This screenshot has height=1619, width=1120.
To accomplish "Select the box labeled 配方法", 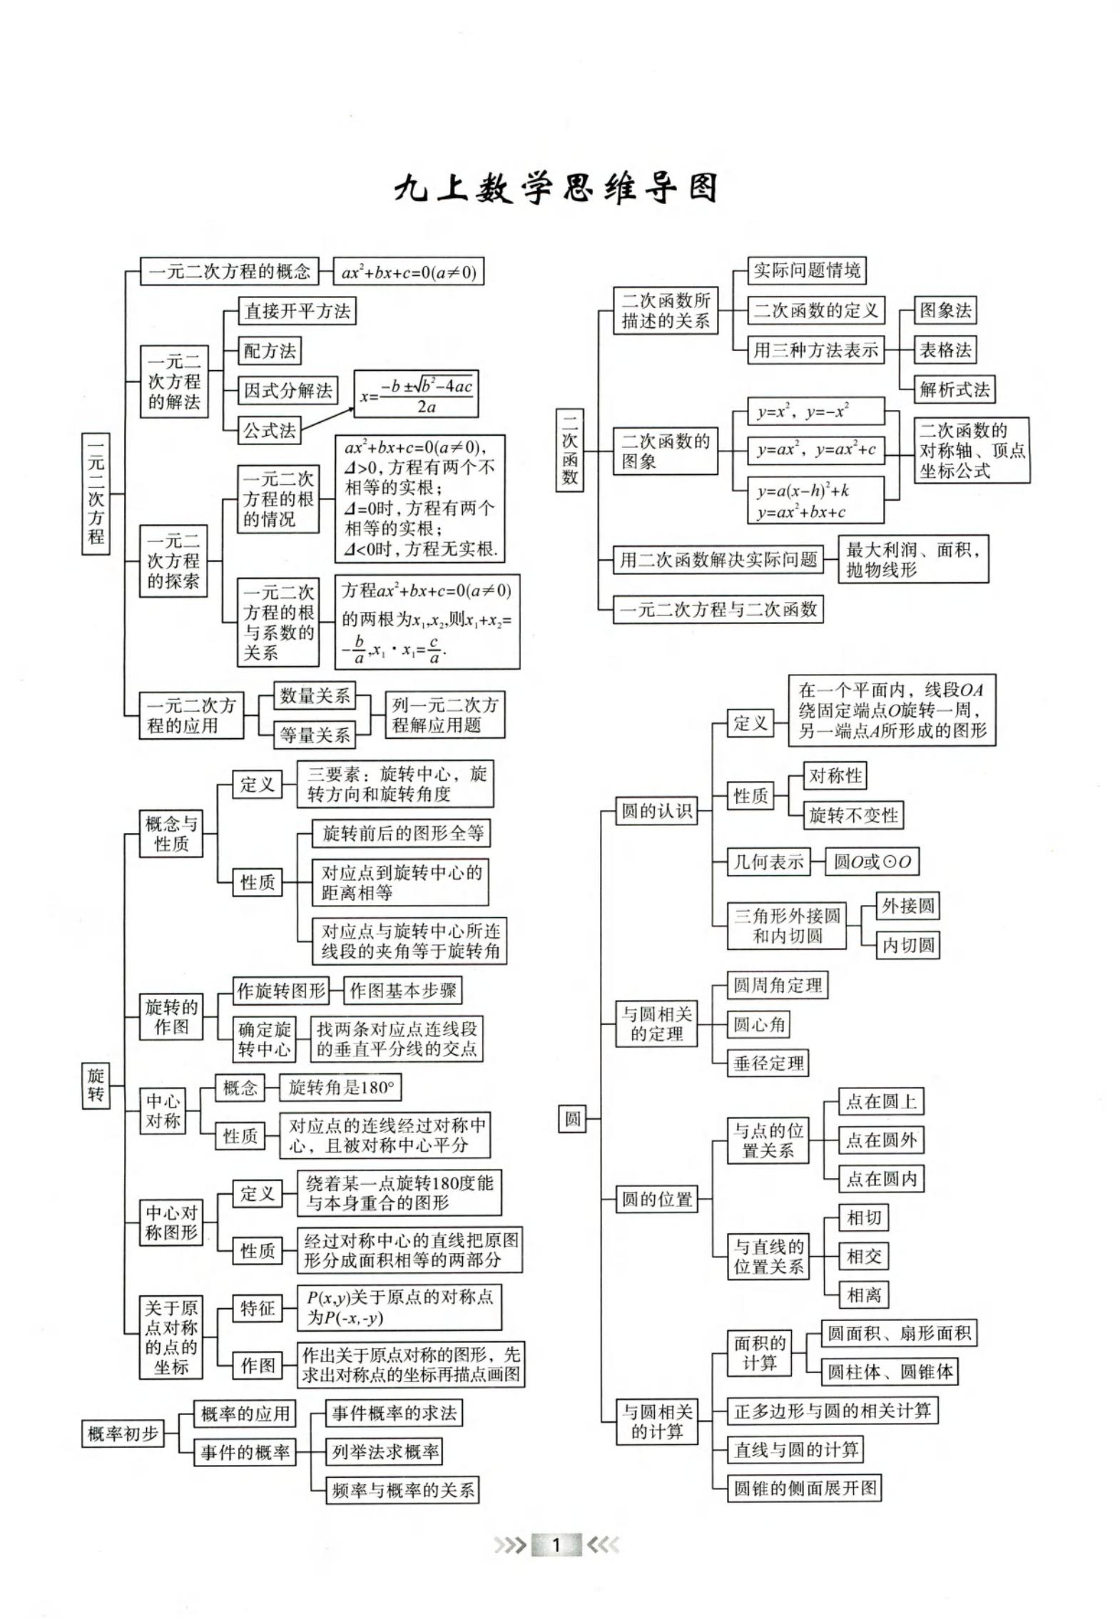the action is point(270,350).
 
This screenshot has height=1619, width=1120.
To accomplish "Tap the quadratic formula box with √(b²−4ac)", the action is point(417,394).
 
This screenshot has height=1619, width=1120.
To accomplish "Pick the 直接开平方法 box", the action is point(297,311).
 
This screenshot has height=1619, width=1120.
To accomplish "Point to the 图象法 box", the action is point(945,310).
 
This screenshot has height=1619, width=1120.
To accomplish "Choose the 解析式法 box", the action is point(954,389).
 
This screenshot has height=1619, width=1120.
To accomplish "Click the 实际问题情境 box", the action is point(807,270).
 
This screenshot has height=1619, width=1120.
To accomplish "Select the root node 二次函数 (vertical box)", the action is point(569,449).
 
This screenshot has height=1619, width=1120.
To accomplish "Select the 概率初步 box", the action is point(123,1434).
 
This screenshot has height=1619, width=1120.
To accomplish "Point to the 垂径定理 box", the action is point(768,1063).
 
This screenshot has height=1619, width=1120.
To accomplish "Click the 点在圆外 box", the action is point(881,1140).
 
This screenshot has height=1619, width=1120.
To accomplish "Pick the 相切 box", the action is point(863,1217).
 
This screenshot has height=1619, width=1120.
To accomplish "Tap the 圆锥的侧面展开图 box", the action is point(805,1488).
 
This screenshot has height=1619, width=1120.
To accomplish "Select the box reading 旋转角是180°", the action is point(341,1088).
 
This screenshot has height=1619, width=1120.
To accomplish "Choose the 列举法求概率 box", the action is point(384,1451).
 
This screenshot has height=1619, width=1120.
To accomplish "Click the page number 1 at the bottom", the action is point(556,1546).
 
